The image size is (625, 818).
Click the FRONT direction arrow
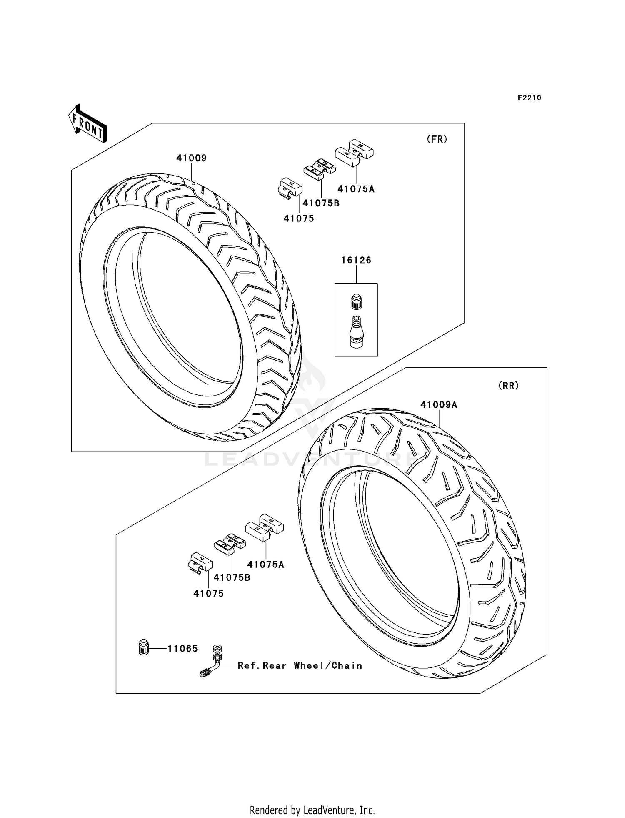87,123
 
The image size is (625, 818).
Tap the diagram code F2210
529,98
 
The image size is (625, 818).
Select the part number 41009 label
191,158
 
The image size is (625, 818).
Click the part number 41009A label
438,404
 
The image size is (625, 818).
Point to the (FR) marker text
437,139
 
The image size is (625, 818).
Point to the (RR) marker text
508,386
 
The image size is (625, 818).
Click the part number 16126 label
356,260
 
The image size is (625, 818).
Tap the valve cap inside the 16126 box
356,301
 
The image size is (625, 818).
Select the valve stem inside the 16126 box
356,330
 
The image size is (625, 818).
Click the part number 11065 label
182,648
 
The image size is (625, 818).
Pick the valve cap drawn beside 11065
144,648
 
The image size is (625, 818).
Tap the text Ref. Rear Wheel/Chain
300,665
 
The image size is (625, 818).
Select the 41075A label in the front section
356,189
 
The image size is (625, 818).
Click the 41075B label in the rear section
232,577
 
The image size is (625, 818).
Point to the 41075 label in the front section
299,218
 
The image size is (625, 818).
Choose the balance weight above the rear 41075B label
230,543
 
